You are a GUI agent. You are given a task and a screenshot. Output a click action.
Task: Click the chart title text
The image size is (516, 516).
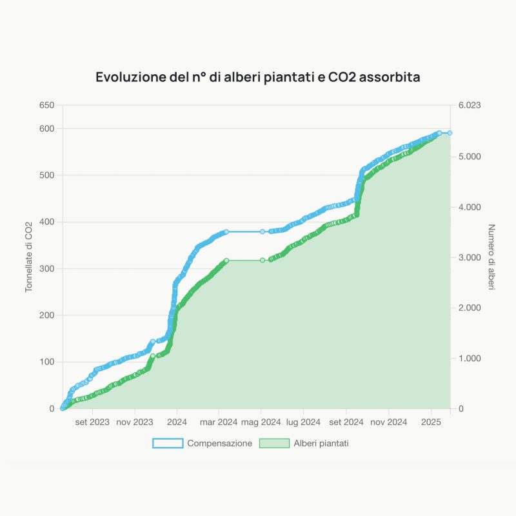[x=258, y=77]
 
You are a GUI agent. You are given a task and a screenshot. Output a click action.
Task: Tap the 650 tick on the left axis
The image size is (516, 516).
[x=46, y=105]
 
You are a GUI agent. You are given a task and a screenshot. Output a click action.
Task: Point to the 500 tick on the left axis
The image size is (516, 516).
[x=46, y=175]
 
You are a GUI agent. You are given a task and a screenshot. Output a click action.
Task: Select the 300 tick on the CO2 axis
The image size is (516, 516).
[x=46, y=268]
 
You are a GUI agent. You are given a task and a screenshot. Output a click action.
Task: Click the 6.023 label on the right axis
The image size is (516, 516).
[x=469, y=105]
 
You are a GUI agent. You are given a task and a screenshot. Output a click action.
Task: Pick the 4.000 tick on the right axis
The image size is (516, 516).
[x=469, y=207]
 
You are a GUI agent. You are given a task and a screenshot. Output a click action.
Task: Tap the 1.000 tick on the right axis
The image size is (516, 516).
[x=469, y=358]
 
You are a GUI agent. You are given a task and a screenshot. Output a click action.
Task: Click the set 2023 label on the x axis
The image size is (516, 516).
[x=92, y=422]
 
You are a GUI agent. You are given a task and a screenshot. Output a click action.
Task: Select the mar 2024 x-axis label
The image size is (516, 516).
[x=219, y=422]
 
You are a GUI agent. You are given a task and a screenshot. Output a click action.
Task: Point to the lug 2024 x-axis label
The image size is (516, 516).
[x=303, y=422]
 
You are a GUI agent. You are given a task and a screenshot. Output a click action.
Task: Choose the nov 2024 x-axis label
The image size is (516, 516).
[x=388, y=422]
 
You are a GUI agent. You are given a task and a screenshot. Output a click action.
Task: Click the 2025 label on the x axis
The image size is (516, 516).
[x=431, y=422]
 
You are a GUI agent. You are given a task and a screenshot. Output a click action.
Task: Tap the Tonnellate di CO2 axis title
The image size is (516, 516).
[x=29, y=257]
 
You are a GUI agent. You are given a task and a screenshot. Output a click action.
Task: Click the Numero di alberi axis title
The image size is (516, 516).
[x=491, y=257]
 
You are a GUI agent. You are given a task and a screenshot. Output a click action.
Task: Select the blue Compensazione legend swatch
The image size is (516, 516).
[x=168, y=443]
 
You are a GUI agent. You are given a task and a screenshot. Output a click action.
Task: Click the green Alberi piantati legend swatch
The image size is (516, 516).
[x=273, y=443]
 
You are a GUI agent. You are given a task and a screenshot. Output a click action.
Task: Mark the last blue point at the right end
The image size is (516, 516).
[x=450, y=133]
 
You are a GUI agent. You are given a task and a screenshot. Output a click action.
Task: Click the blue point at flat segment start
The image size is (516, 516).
[x=226, y=232]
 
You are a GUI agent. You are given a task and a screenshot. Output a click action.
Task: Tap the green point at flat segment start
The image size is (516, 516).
[x=226, y=260]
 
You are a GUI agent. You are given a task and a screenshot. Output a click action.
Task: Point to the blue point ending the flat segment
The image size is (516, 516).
[x=263, y=232]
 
